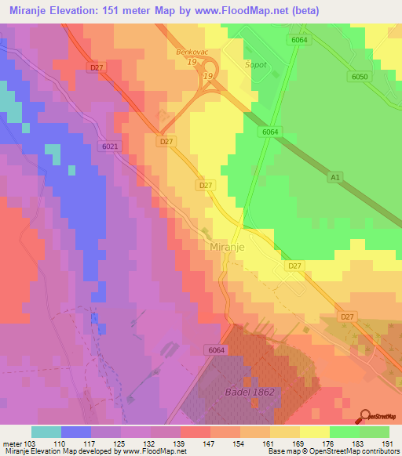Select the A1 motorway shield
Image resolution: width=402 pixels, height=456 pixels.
(336, 178)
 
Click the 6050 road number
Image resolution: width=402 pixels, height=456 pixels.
(360, 76)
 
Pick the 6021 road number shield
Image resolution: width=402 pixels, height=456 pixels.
(110, 146)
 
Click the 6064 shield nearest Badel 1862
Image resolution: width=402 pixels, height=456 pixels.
(217, 349)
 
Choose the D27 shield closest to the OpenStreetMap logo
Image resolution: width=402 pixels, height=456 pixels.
(347, 316)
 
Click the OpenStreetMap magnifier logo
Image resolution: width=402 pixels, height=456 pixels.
(366, 416)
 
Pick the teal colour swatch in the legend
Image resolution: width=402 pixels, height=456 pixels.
(46, 432)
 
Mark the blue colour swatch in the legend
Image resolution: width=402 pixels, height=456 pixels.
(76, 432)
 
